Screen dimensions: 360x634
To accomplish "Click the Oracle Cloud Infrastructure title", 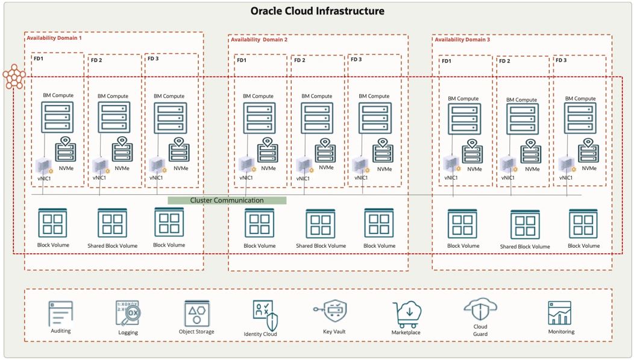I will click(317, 11).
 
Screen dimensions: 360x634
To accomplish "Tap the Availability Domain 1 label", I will click(54, 38).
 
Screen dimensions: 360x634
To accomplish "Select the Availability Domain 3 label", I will click(462, 39).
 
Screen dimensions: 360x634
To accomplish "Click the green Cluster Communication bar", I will click(227, 200).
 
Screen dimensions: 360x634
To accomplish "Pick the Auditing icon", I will click(61, 314).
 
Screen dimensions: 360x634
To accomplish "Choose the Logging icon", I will click(128, 314).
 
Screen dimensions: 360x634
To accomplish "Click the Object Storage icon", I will click(196, 313).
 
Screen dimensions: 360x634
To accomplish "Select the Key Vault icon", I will click(331, 312).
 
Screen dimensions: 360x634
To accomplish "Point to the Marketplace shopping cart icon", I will click(406, 314).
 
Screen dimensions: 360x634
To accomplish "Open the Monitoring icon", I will click(559, 313).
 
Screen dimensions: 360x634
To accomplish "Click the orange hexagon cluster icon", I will click(13, 76).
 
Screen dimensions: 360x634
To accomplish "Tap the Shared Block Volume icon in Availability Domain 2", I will click(320, 224).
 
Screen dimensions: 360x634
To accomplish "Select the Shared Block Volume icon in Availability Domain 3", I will click(525, 225).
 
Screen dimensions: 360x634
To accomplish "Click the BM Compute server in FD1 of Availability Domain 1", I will click(57, 117).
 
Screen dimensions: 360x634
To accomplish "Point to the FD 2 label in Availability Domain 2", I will click(300, 60).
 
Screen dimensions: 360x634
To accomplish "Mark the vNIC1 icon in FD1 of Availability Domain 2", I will click(246, 165).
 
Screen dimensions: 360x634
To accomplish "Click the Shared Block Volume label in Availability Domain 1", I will click(112, 246).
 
